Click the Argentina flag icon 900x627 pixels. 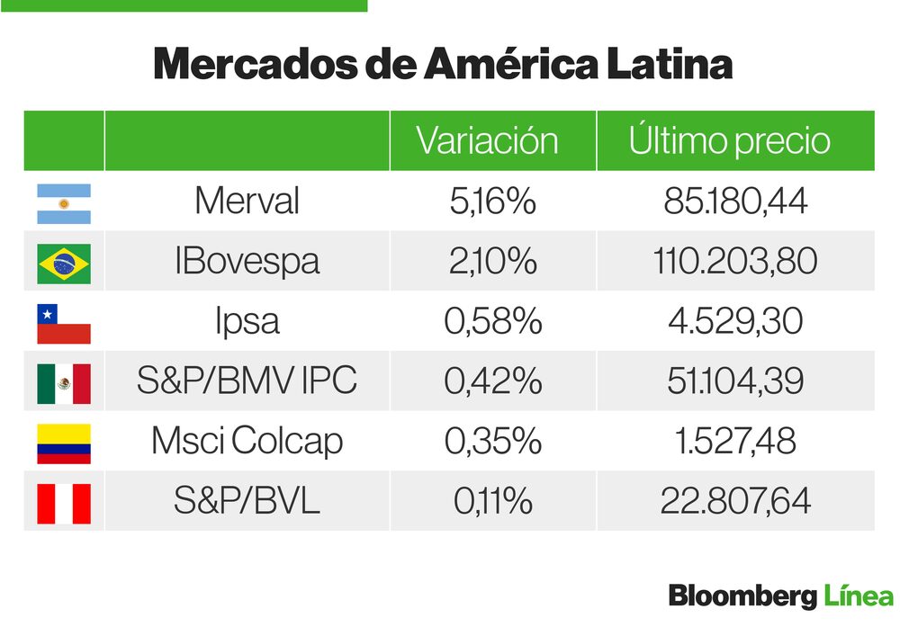pos(63,203)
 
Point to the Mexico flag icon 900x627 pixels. pos(63,383)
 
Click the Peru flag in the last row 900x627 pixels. pos(63,503)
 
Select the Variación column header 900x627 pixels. pos(487,141)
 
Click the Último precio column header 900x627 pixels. pos(729,141)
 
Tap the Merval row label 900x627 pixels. pos(247,202)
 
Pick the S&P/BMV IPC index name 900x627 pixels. pos(247,381)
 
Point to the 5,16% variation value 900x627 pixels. pos(492,202)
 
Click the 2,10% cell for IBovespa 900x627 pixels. pos(492,262)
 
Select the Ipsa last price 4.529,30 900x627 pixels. pos(734,322)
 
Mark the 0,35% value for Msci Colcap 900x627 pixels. pos(492,442)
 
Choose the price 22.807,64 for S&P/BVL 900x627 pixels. pos(734,502)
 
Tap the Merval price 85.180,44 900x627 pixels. pos(734,202)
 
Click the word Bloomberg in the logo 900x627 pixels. pos(742,596)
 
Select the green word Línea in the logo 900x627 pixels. pos(859,596)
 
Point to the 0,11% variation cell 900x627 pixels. pos(492,502)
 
